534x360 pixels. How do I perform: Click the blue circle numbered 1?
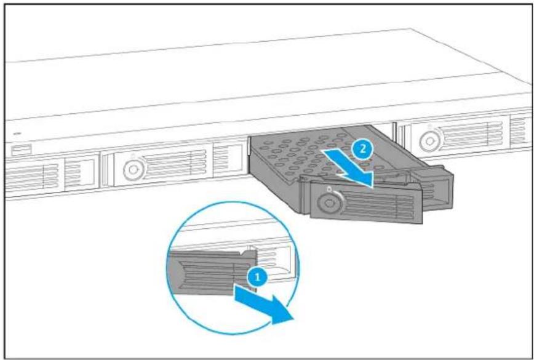tap(258, 277)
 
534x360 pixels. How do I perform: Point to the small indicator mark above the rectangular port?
tap(17, 134)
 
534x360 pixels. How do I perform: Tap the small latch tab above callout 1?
tap(250, 253)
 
